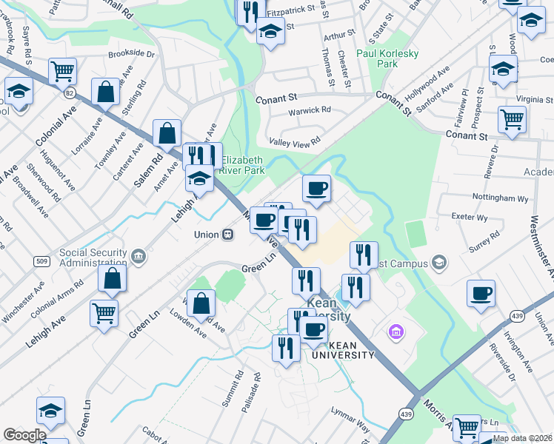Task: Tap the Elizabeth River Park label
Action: coord(243,164)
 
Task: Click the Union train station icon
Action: coord(228,235)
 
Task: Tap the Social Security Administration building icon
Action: coord(138,256)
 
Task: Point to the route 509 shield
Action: coord(41,260)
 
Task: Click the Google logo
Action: coord(24,435)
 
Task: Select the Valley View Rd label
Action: coord(295,141)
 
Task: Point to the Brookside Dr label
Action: coord(131,54)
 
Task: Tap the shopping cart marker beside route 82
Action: coord(63,71)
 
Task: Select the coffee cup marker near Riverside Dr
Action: coord(481,293)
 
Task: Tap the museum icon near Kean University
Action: coord(396,332)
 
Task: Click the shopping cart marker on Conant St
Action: coord(512,118)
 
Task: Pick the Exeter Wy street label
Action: coord(471,218)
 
